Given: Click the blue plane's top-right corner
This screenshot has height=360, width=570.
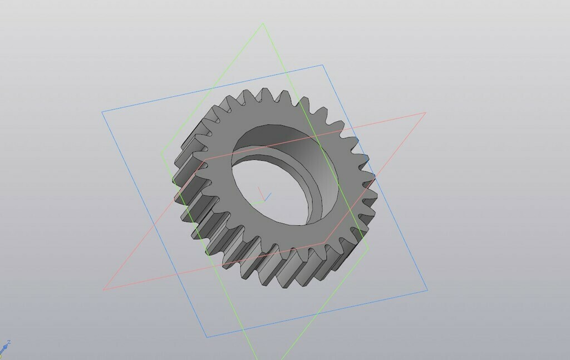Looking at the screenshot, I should (x=323, y=65).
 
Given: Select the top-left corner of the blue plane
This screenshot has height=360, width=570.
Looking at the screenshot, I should (x=102, y=112).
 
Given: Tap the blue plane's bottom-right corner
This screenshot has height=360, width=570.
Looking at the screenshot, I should (x=427, y=290).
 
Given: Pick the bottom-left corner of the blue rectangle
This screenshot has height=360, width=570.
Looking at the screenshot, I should (x=207, y=337).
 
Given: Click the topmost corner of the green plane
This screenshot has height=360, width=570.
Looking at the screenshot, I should (x=263, y=23).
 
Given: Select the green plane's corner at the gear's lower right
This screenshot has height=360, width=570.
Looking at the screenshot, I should (x=368, y=248).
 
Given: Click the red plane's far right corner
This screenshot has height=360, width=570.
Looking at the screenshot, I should (x=426, y=113).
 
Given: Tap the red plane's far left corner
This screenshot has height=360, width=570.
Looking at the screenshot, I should (x=104, y=290).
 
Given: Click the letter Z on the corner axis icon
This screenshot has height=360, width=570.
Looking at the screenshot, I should (x=9, y=343).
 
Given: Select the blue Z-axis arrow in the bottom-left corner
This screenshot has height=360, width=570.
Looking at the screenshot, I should (x=4, y=347).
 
